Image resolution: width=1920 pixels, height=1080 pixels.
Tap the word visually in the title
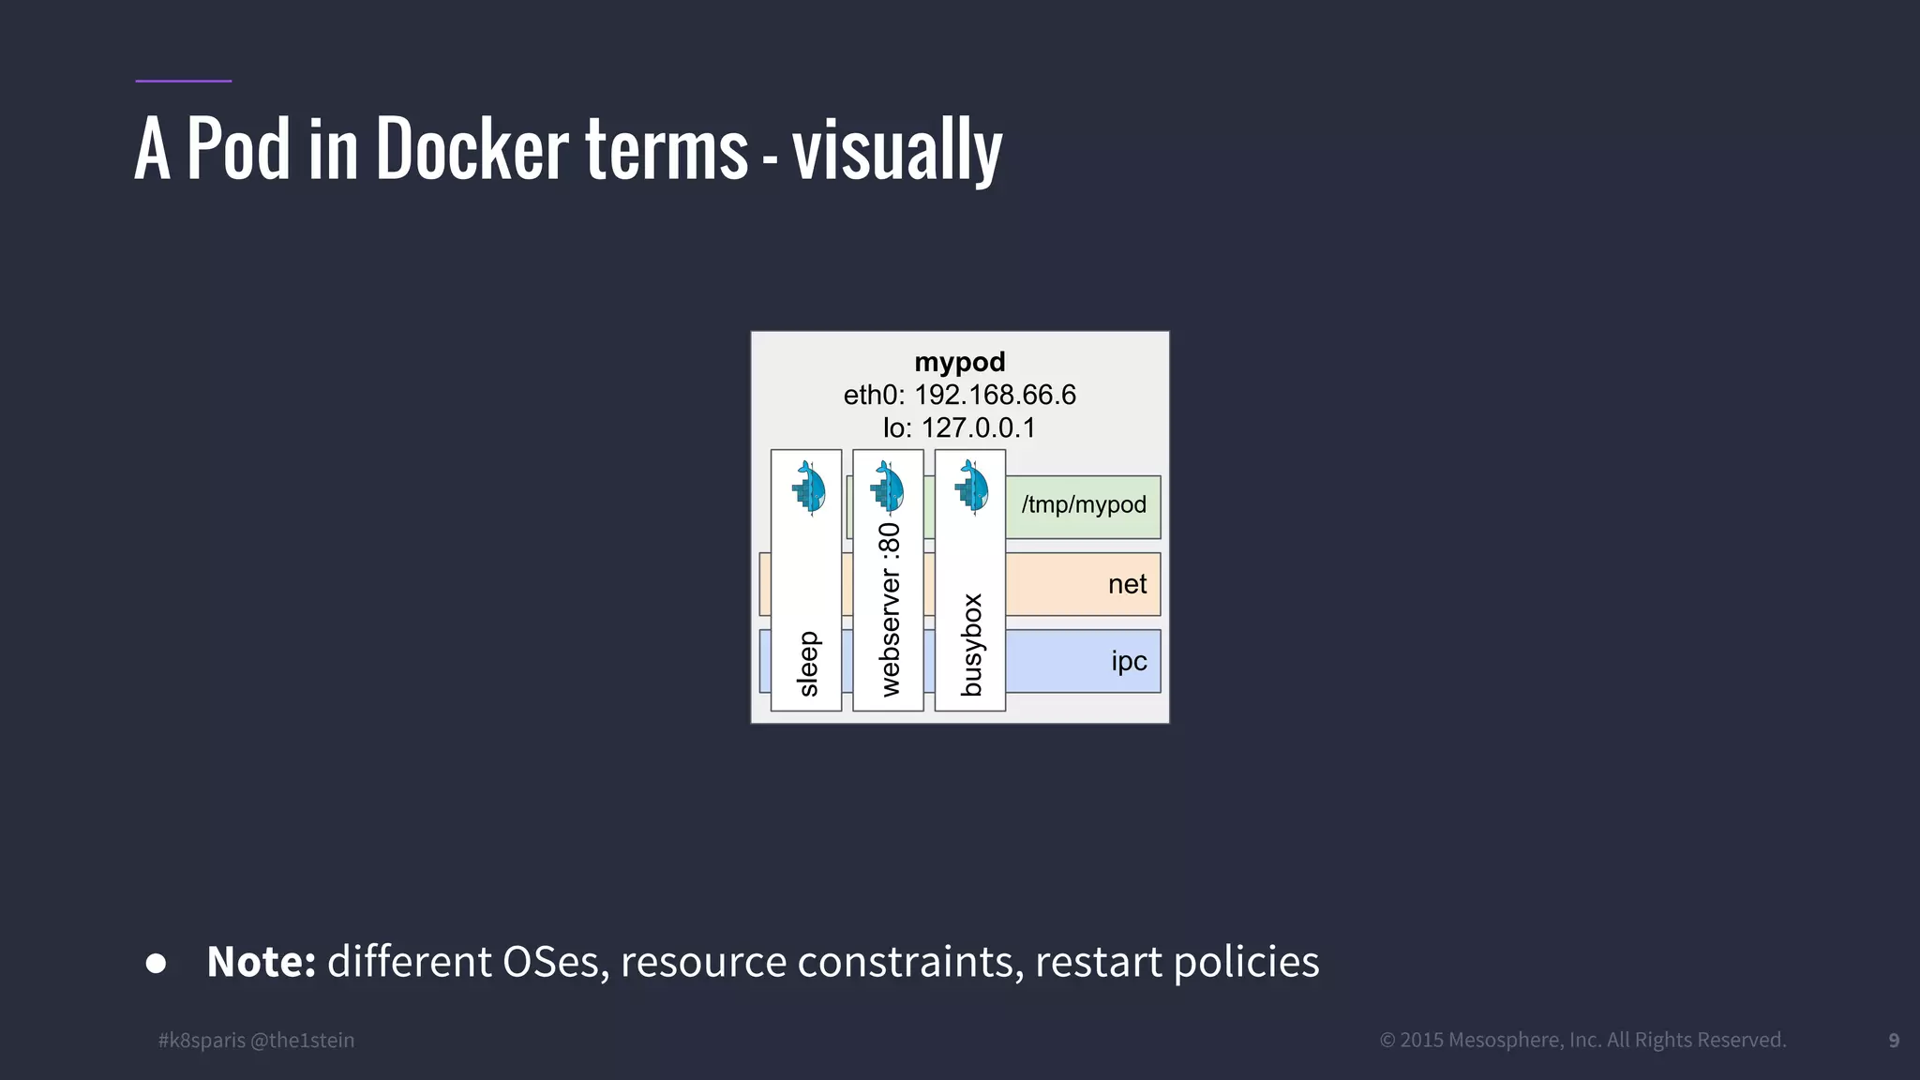(x=897, y=152)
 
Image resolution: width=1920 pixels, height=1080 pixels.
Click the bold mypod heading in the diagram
(x=959, y=362)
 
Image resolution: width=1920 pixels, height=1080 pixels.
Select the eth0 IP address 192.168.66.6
(x=995, y=395)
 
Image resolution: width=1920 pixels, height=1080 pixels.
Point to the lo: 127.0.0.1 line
(x=959, y=427)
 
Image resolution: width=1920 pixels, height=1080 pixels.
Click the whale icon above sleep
(x=808, y=487)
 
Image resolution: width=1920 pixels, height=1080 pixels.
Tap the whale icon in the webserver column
(x=887, y=487)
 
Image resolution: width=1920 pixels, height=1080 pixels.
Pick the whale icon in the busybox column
(x=971, y=487)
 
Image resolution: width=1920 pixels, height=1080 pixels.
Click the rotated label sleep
(x=807, y=664)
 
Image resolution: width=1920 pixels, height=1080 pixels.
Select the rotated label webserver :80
(x=889, y=609)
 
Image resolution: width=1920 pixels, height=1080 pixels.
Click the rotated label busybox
(x=971, y=645)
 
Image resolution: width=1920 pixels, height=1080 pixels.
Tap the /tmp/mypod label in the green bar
(x=1084, y=504)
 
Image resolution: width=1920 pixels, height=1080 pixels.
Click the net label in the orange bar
(x=1127, y=584)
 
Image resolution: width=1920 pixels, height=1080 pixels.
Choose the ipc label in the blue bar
(x=1129, y=661)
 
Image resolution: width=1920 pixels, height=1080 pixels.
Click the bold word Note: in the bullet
(x=262, y=962)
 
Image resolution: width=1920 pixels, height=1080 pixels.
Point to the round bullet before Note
(x=157, y=964)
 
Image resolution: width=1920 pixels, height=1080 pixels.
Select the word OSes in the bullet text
(x=551, y=962)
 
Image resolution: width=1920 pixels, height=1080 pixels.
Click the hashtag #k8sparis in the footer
(x=202, y=1040)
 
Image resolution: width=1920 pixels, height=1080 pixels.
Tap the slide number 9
(x=1894, y=1041)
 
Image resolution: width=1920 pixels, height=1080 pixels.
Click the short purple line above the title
(x=183, y=81)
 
